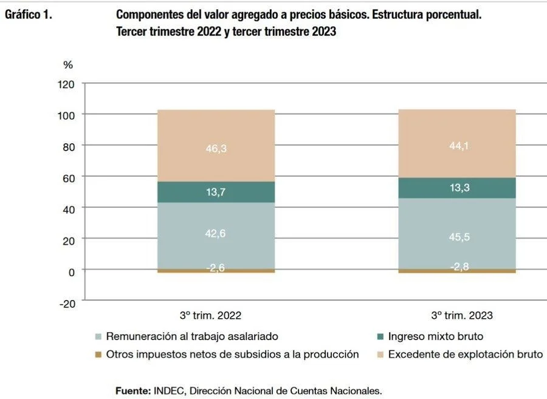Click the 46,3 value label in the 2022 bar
pos(216,148)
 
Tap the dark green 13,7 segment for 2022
pos(216,193)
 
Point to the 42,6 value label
pos(216,233)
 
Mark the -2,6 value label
pos(216,268)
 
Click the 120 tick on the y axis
pos(67,84)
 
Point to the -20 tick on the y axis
pos(67,304)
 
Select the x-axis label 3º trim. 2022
pos(210,316)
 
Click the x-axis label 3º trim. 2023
pos(462,316)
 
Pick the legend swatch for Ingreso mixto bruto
pos(380,336)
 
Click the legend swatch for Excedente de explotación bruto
pos(380,355)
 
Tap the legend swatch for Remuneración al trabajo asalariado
pos(98,336)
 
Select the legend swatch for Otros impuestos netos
pos(98,355)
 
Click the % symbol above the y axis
pos(68,65)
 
